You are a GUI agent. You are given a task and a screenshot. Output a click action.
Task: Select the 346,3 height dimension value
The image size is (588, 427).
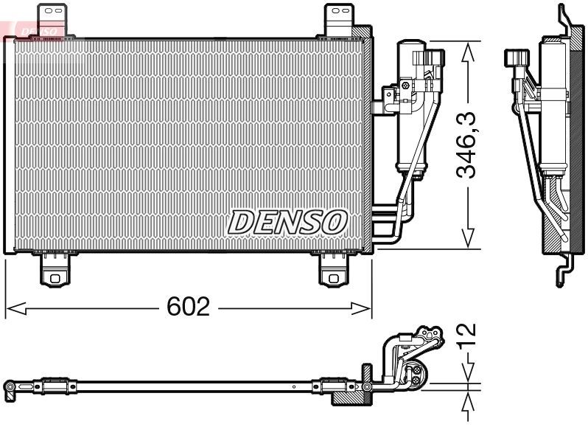(466, 145)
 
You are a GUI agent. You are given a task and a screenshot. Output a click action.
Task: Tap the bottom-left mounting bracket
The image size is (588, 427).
(55, 268)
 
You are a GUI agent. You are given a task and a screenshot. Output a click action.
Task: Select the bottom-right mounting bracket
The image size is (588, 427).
(335, 268)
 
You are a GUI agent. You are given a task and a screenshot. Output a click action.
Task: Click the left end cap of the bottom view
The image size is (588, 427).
(10, 386)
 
